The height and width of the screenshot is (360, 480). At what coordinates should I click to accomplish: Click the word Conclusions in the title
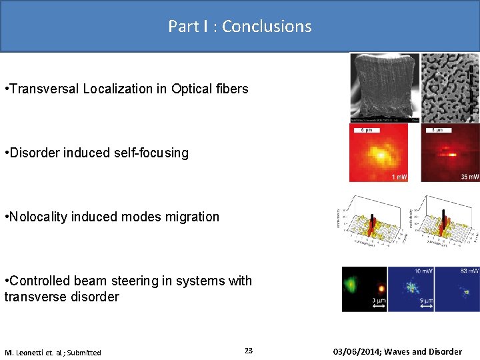(267, 26)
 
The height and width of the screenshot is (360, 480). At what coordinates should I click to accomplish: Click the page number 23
(249, 351)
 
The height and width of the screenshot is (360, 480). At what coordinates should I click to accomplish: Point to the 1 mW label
(399, 177)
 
